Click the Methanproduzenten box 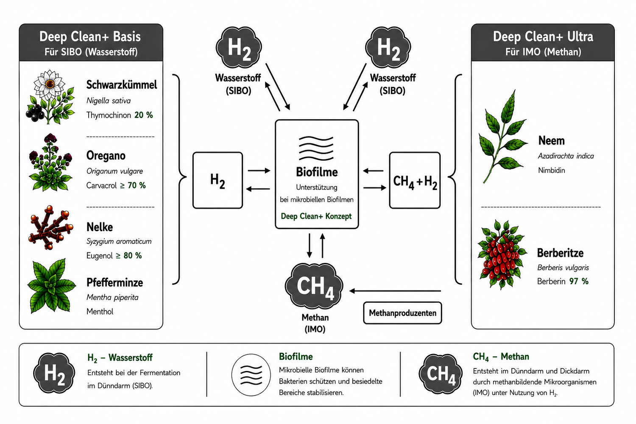(402, 313)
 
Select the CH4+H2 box (415, 180)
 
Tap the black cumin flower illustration (50, 97)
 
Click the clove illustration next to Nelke (50, 228)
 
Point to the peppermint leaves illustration (51, 286)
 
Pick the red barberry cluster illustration (502, 254)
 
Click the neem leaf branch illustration (502, 137)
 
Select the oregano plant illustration (50, 162)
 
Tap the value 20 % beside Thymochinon (144, 115)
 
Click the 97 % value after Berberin (579, 281)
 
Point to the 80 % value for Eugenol (133, 256)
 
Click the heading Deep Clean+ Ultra (543, 36)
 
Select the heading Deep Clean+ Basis (90, 36)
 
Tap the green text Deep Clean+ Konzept (316, 216)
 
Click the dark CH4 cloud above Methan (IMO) (314, 286)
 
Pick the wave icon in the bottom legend (251, 374)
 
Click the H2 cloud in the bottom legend (54, 373)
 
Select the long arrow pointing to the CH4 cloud (395, 291)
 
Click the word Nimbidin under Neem (551, 170)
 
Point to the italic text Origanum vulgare (115, 171)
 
